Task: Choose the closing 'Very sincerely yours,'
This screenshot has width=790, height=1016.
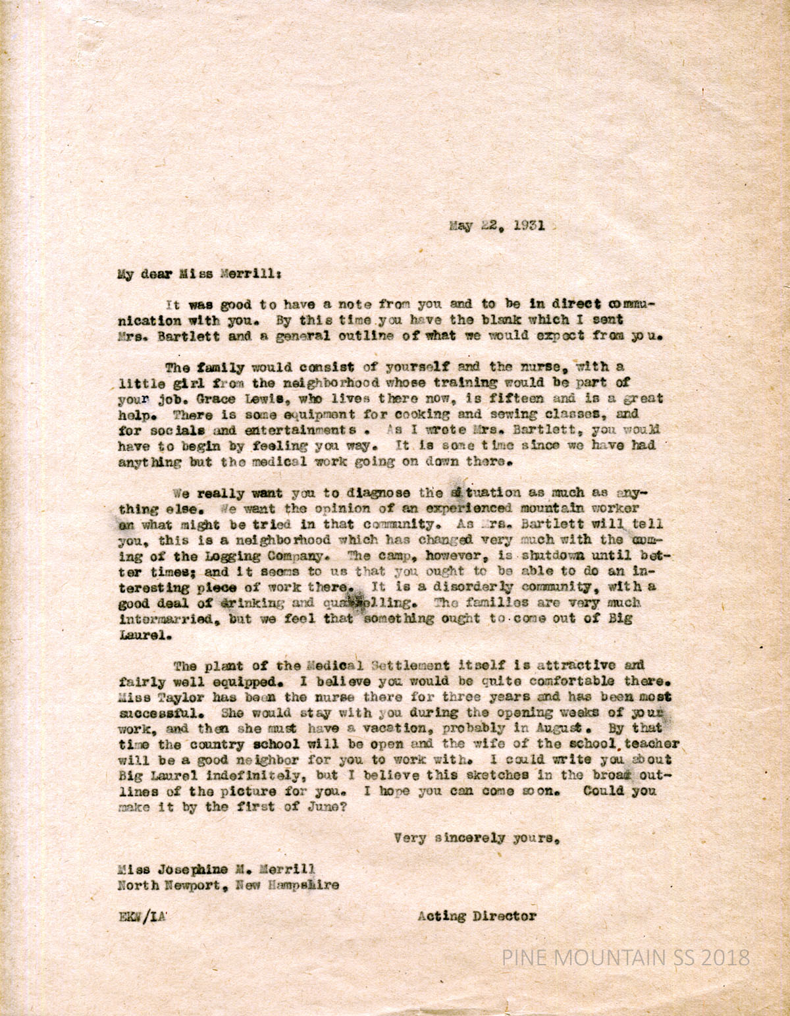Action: tap(477, 839)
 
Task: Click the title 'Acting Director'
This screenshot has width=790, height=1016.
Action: tap(477, 916)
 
